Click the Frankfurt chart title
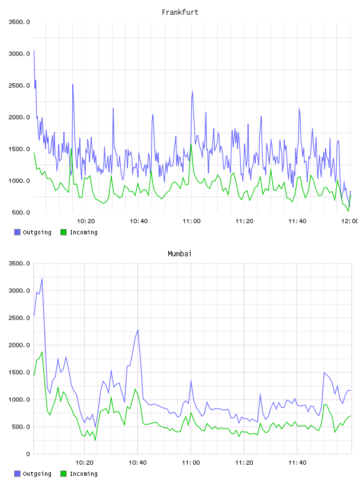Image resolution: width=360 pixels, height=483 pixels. point(180,12)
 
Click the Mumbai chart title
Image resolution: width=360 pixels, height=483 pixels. point(179,253)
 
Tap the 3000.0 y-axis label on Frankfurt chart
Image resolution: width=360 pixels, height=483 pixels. point(19,54)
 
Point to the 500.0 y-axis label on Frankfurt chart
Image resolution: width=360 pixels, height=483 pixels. point(21,212)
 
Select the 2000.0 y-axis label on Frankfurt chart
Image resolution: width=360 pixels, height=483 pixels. point(19,117)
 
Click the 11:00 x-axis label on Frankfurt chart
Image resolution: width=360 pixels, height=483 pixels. point(191,221)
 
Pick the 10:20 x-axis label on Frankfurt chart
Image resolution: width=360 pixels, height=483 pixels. point(86,221)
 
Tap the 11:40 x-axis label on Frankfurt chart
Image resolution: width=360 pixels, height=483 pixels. point(297,221)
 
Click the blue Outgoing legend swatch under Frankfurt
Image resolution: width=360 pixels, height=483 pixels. point(17,232)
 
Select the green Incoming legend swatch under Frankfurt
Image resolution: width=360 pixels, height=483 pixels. point(63,232)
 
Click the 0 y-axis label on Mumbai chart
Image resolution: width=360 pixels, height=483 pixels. point(28,454)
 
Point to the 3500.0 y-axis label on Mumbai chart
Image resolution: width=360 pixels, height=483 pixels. point(19,263)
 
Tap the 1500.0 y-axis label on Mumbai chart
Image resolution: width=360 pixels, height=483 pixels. point(19,372)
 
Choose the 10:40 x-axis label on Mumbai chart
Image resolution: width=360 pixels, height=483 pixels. point(137,463)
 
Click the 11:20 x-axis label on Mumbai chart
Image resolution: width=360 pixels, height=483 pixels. point(244,463)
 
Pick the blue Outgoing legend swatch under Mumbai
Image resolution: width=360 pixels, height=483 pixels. point(17,474)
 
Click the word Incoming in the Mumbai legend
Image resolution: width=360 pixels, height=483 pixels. point(83,474)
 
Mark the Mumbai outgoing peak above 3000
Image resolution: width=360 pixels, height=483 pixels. point(42,279)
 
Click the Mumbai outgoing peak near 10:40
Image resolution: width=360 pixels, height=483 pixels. point(138,330)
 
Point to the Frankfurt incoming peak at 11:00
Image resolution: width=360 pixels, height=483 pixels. point(191,144)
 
